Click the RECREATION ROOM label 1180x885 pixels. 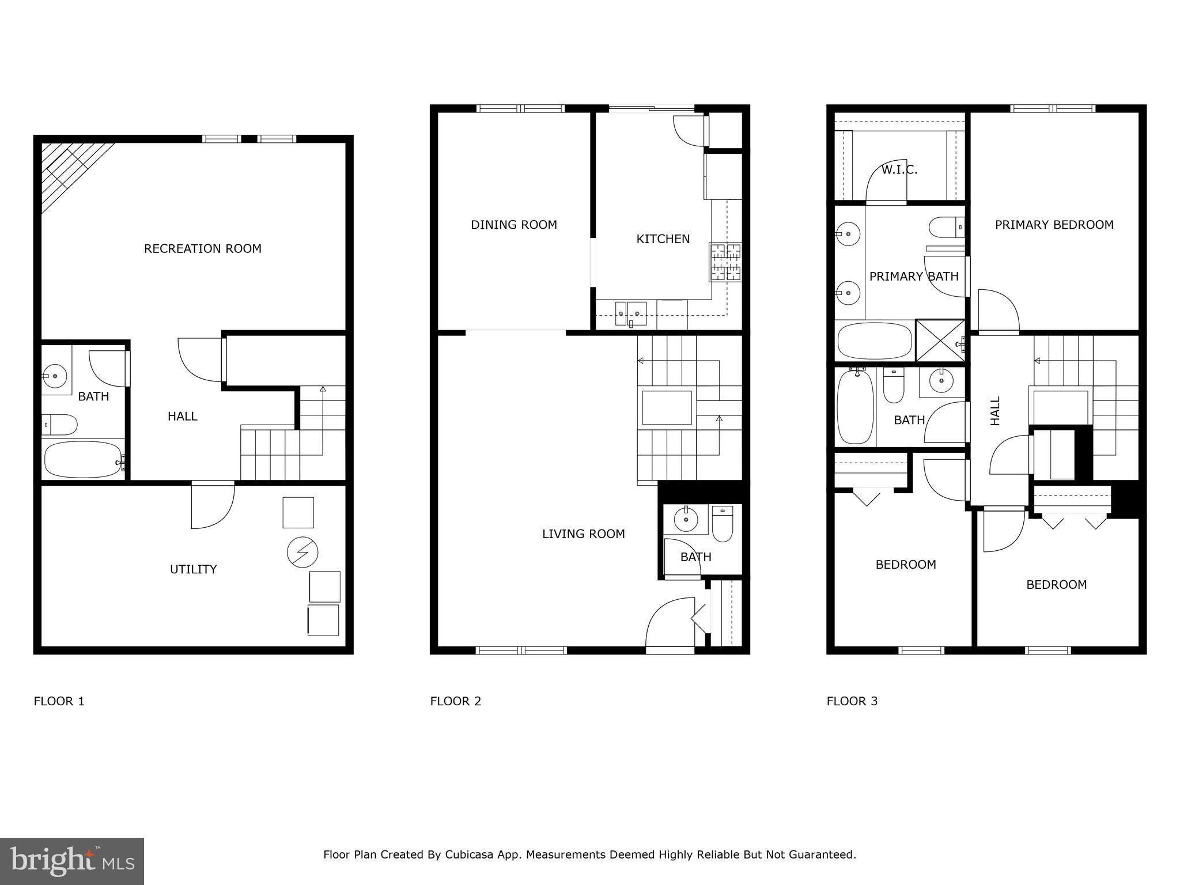[x=202, y=249]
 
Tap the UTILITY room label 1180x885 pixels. [x=193, y=569]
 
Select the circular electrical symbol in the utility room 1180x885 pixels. [x=302, y=553]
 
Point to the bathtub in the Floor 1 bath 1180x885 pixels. [x=82, y=459]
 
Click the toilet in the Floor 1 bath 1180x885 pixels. [x=60, y=425]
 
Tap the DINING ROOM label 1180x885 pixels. [x=513, y=225]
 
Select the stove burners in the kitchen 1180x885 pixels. [x=725, y=262]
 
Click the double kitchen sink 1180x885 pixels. [x=630, y=312]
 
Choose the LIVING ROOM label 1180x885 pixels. [x=583, y=534]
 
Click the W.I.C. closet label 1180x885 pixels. [x=899, y=170]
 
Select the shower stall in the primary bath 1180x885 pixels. [x=940, y=341]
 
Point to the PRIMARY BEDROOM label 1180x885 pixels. [x=1054, y=225]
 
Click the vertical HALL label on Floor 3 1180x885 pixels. [x=995, y=411]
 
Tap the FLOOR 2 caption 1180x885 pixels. [x=455, y=701]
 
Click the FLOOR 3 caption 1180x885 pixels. [x=852, y=701]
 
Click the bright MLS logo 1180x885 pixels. [x=72, y=861]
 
